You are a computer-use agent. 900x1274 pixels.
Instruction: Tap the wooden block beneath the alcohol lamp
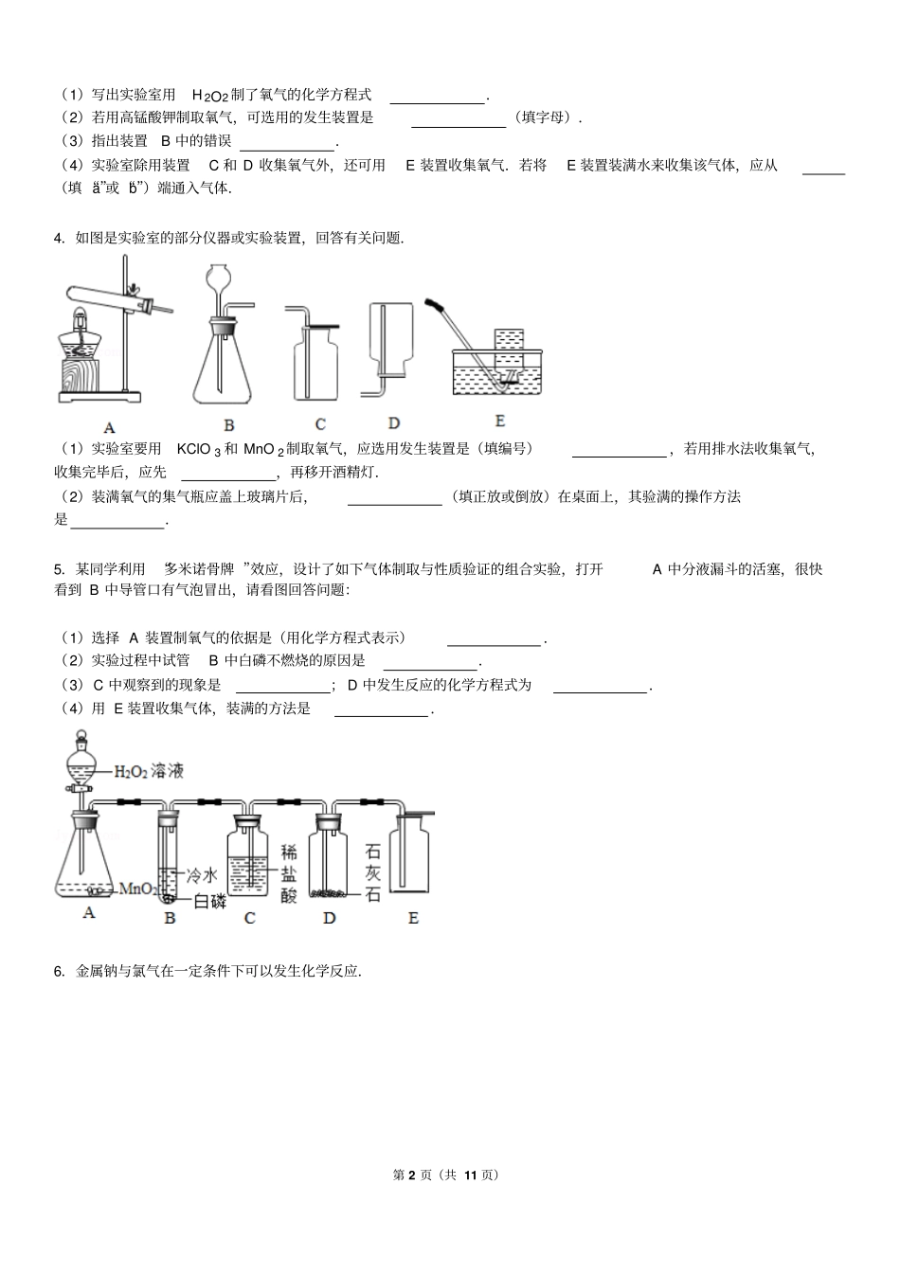pos(82,373)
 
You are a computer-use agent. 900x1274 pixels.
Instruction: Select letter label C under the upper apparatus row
pos(320,425)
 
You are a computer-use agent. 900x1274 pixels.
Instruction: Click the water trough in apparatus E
pos(500,375)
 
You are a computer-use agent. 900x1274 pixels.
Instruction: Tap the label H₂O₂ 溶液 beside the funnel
pos(149,771)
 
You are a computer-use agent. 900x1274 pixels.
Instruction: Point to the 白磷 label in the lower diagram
pos(209,901)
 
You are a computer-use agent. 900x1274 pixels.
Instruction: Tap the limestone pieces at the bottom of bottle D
pos(331,891)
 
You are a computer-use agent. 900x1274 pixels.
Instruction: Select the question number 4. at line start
pos(60,238)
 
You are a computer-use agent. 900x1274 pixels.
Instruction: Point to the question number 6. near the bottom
pos(60,970)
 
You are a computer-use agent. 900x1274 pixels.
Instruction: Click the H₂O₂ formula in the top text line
pos(210,95)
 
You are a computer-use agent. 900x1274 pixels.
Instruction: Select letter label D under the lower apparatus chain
pos(330,917)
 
